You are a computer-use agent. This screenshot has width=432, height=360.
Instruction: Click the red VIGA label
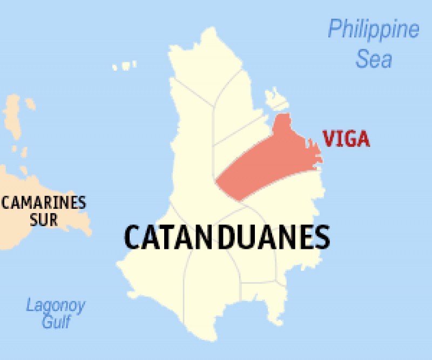click(346, 139)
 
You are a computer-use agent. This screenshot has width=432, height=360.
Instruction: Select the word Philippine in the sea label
click(373, 29)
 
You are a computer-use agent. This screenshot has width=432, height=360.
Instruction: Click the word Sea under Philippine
click(373, 59)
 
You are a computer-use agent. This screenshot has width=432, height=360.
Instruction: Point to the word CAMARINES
click(44, 203)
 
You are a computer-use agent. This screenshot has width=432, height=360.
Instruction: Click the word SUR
click(44, 220)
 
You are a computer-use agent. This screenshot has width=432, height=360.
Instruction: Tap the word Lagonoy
click(56, 307)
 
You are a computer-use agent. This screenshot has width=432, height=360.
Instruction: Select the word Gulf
click(56, 322)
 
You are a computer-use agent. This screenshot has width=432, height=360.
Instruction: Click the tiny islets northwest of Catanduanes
click(125, 66)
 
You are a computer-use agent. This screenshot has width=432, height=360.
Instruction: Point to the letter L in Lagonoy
click(30, 306)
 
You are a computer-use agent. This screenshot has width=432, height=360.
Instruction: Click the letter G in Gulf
click(47, 322)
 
